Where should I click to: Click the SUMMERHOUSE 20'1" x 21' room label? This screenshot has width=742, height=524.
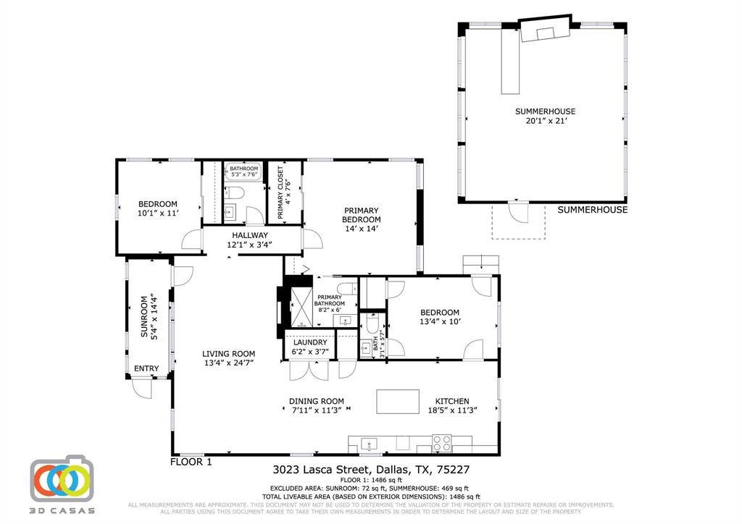point(545,117)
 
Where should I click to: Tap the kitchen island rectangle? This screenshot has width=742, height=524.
point(397,402)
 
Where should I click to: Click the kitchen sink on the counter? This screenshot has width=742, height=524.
point(367,443)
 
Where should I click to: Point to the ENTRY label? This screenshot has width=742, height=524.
point(146,369)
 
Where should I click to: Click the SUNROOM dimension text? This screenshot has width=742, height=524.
point(149,316)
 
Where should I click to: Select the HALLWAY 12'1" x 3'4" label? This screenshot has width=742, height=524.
point(250,240)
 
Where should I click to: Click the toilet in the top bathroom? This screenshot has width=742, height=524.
point(235,193)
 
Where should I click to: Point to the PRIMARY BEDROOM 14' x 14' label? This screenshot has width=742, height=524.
point(361,219)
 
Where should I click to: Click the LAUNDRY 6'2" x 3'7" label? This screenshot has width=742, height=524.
point(310,347)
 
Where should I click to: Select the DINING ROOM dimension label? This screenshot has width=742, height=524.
point(316,405)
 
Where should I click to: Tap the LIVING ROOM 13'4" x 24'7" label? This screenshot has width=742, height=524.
point(228,358)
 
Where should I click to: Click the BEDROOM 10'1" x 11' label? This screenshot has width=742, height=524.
point(157,208)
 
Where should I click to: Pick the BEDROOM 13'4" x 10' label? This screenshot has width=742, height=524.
point(440,317)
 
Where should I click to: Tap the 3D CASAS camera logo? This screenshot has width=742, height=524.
point(62,479)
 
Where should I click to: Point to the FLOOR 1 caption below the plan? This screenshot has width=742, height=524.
point(191,462)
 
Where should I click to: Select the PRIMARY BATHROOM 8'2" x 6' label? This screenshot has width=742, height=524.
point(330,302)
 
